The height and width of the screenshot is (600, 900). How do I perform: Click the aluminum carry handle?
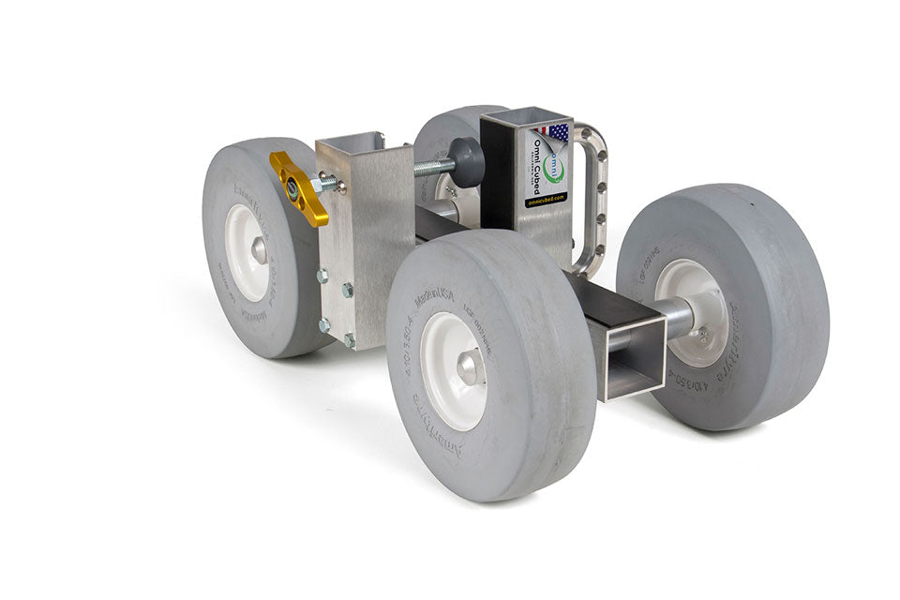point(592,202)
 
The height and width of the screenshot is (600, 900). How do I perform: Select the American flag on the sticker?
point(557,133)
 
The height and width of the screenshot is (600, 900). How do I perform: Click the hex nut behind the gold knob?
point(325,185)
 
